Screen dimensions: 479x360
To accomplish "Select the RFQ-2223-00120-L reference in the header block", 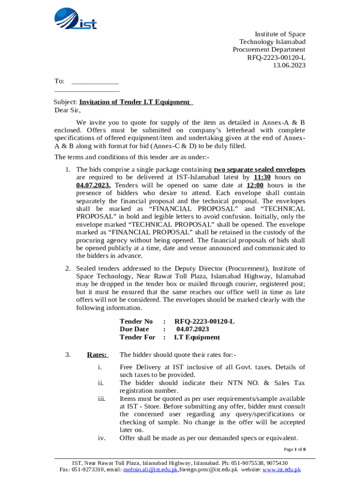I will tap(276, 58).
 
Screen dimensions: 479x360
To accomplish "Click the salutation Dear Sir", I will tap(67, 110).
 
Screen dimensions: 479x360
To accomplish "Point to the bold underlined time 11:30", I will tap(262, 177).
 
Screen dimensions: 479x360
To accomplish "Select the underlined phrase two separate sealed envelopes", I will tap(259, 169).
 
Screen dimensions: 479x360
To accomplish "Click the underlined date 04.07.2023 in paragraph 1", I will tap(94, 185).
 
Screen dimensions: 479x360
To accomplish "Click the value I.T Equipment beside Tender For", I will tap(197, 337).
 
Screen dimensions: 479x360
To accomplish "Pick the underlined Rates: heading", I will tap(97, 355).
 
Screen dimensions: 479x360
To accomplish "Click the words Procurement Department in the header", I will tap(269, 50).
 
